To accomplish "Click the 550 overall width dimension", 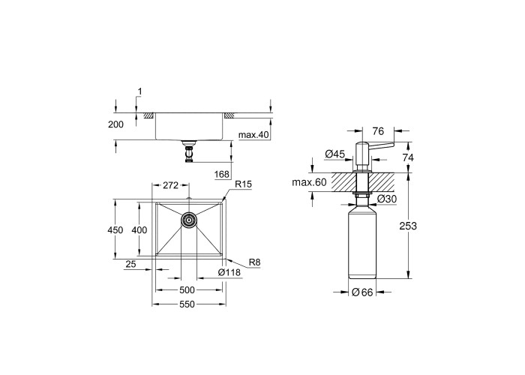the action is pyautogui.click(x=187, y=304).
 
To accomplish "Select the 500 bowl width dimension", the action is pyautogui.click(x=187, y=290).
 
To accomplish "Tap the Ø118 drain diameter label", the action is pyautogui.click(x=229, y=272).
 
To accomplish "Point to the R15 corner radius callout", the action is pyautogui.click(x=244, y=184).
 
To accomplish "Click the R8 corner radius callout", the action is pyautogui.click(x=255, y=262).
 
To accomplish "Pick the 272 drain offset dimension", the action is pyautogui.click(x=170, y=185).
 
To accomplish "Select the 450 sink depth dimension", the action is pyautogui.click(x=115, y=230).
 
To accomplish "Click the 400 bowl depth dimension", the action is pyautogui.click(x=139, y=230).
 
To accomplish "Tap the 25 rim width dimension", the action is pyautogui.click(x=131, y=265).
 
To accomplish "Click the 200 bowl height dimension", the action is pyautogui.click(x=115, y=124).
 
